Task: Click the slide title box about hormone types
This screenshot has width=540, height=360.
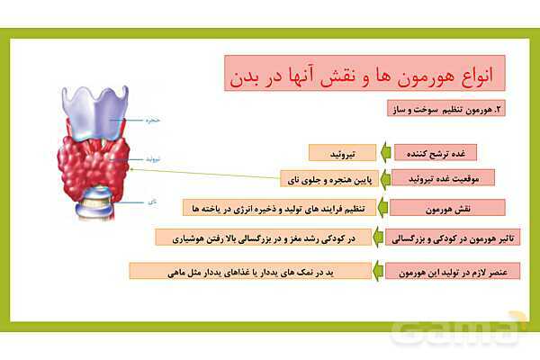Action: pyautogui.click(x=363, y=73)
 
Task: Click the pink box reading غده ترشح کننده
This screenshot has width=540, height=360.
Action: pyautogui.click(x=435, y=152)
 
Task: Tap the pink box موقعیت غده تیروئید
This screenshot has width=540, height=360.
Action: pyautogui.click(x=435, y=177)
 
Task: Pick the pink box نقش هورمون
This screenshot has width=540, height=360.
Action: pyautogui.click(x=435, y=208)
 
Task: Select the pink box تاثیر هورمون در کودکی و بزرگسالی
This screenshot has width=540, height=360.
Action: pyautogui.click(x=435, y=238)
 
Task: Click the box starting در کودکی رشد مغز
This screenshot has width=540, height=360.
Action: pyautogui.click(x=262, y=238)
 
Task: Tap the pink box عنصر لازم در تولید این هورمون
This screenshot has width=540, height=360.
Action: pyautogui.click(x=435, y=270)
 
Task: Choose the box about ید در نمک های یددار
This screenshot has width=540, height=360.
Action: pyautogui.click(x=250, y=270)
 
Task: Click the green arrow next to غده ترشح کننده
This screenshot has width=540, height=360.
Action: pyautogui.click(x=383, y=152)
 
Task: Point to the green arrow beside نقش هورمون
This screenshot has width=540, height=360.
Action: pyautogui.click(x=383, y=208)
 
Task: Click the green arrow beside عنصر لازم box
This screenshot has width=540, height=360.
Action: pyautogui.click(x=379, y=270)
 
